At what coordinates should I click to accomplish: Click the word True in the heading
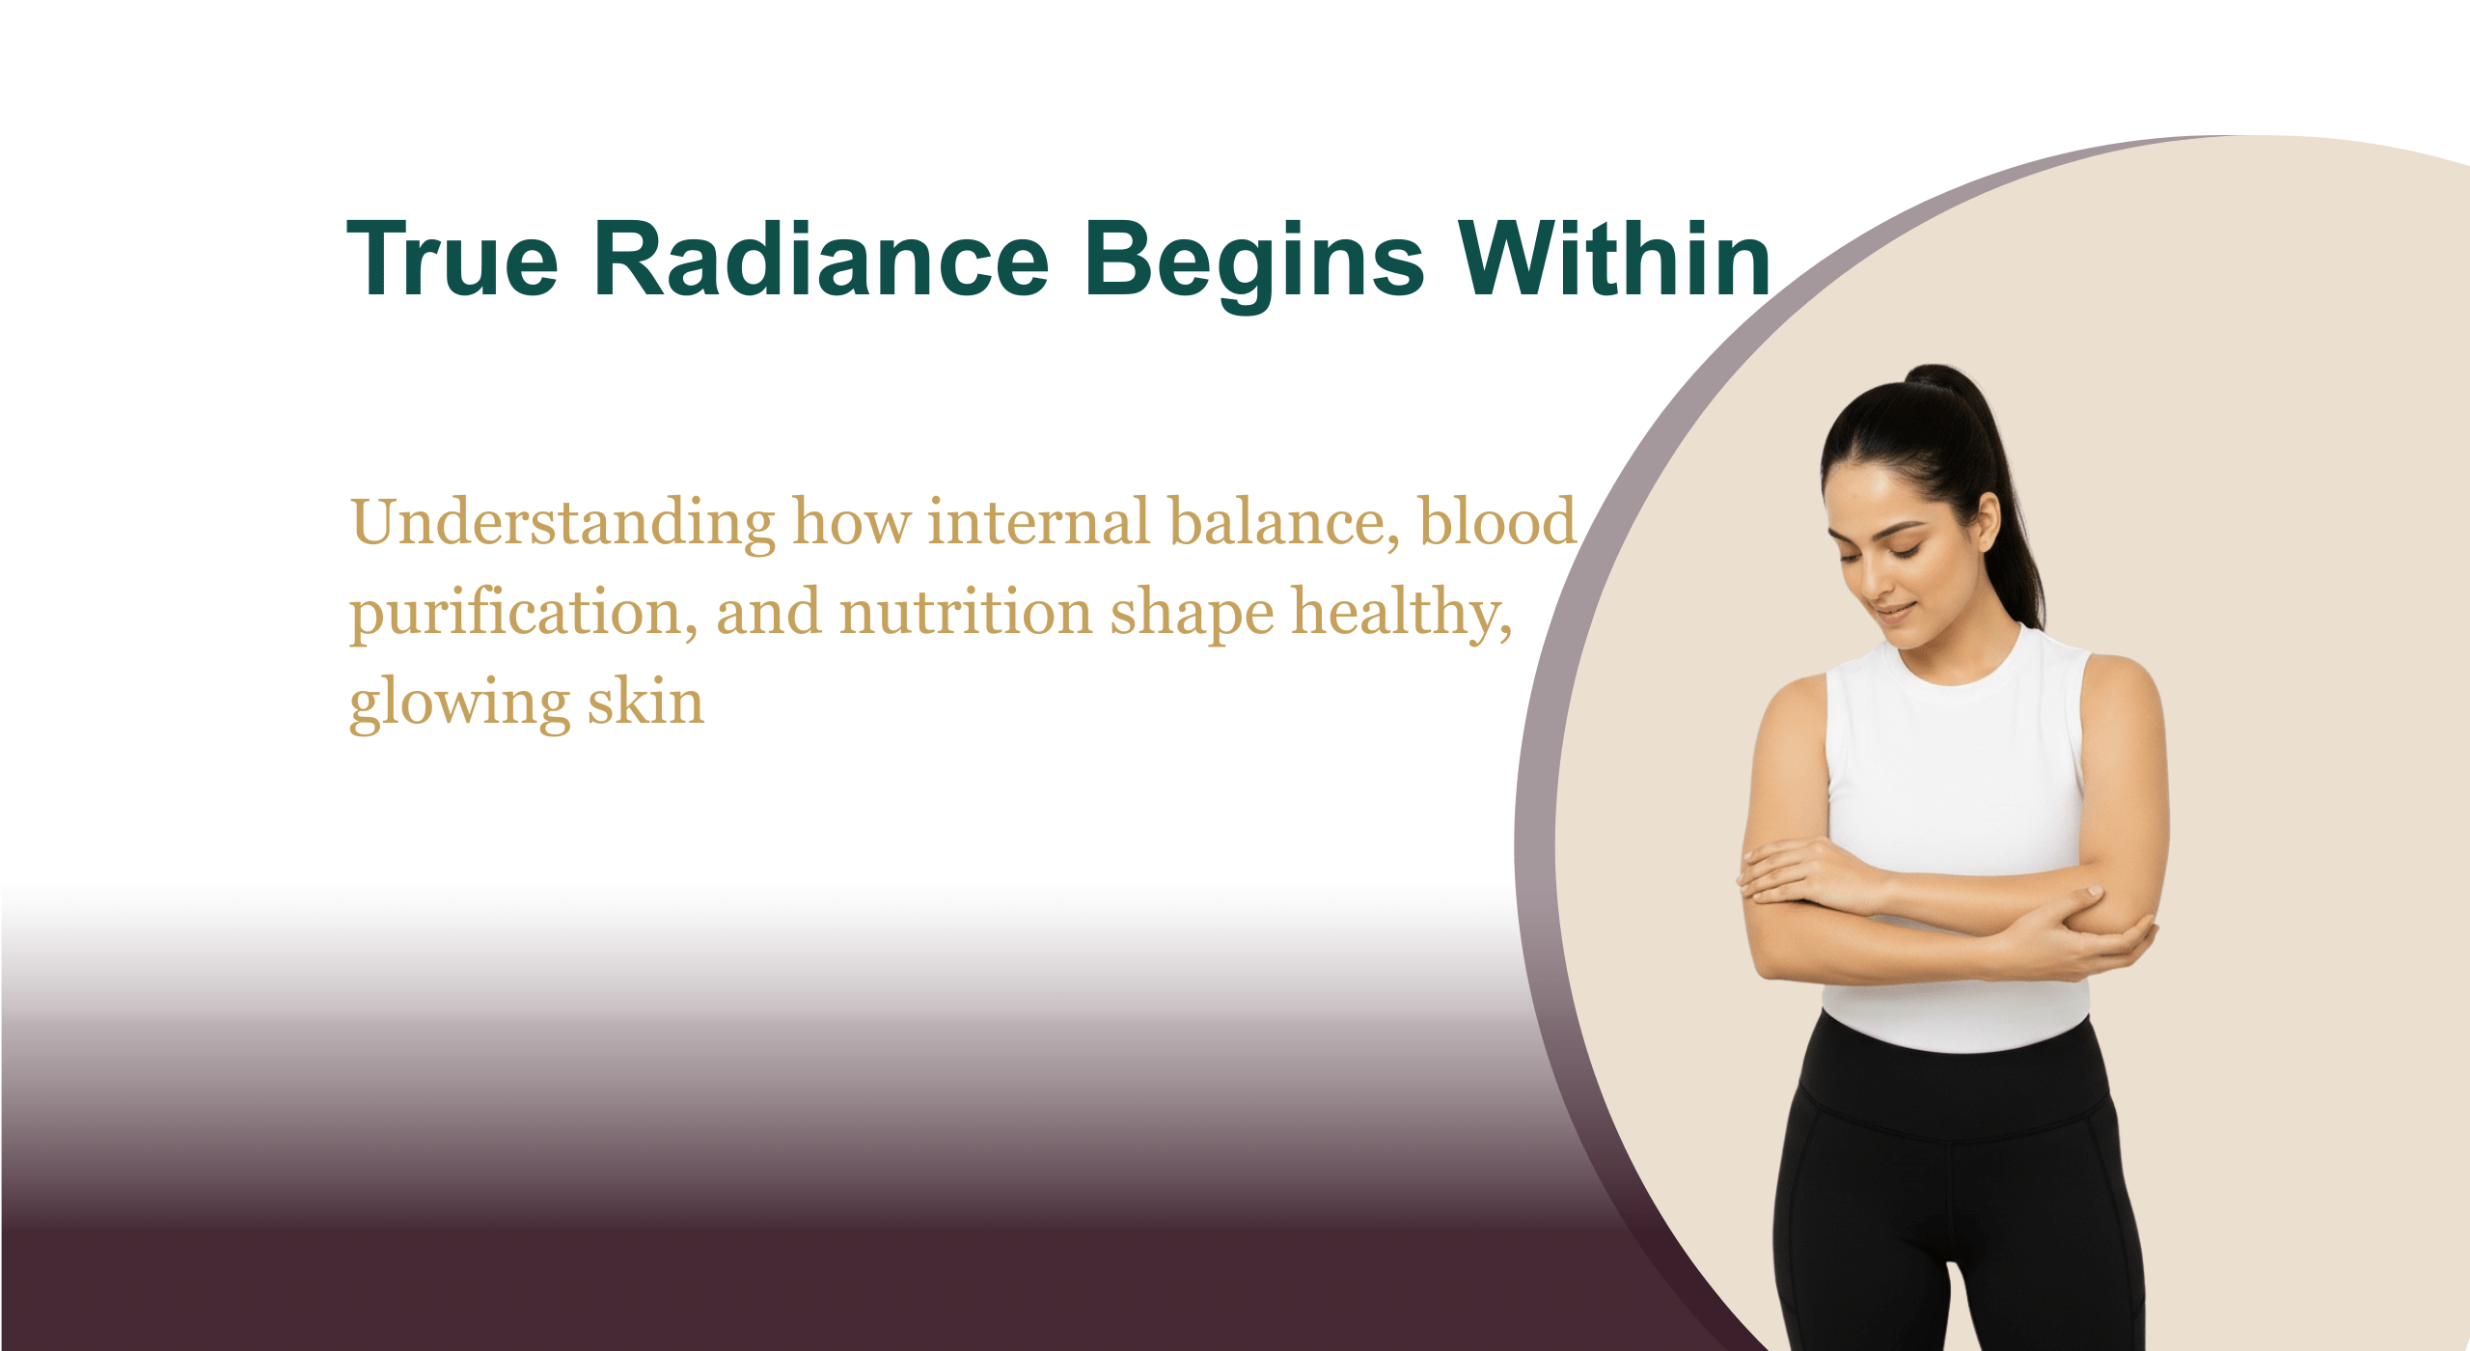453,258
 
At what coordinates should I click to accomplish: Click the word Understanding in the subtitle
563,523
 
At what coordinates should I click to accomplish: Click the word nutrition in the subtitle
965,613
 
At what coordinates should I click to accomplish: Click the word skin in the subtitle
646,700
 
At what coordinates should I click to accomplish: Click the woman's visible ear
1988,522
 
